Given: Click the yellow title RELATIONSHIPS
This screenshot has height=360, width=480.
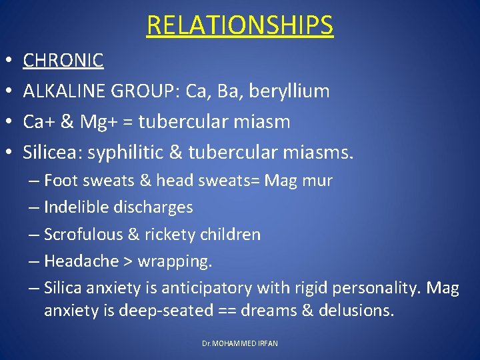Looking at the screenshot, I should [x=240, y=25].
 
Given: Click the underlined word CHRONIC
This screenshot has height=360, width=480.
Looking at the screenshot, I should [x=63, y=61].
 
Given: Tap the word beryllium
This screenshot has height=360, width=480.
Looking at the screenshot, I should [x=290, y=91].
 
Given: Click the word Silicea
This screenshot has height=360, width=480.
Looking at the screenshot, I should [x=49, y=153].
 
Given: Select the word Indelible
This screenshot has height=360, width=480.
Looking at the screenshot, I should [x=74, y=207].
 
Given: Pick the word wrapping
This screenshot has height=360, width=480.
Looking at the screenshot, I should [x=175, y=261].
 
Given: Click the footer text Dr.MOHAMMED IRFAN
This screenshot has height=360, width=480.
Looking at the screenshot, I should [x=240, y=343].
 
